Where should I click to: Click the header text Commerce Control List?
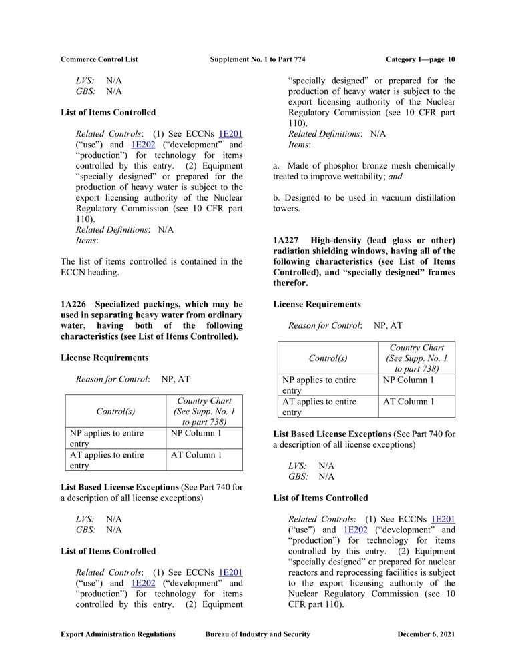tap(99, 59)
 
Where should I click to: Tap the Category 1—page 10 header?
tap(420, 59)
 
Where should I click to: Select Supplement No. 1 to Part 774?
tap(257, 59)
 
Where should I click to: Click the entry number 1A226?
tap(75, 304)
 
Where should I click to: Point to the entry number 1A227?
tap(288, 240)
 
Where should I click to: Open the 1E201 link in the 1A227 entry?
tap(443, 519)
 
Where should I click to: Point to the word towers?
tap(287, 208)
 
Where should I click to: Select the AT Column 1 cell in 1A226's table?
tap(196, 455)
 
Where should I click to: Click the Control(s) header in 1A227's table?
tap(328, 358)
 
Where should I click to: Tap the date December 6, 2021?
tap(425, 634)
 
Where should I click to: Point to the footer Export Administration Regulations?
tap(118, 634)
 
